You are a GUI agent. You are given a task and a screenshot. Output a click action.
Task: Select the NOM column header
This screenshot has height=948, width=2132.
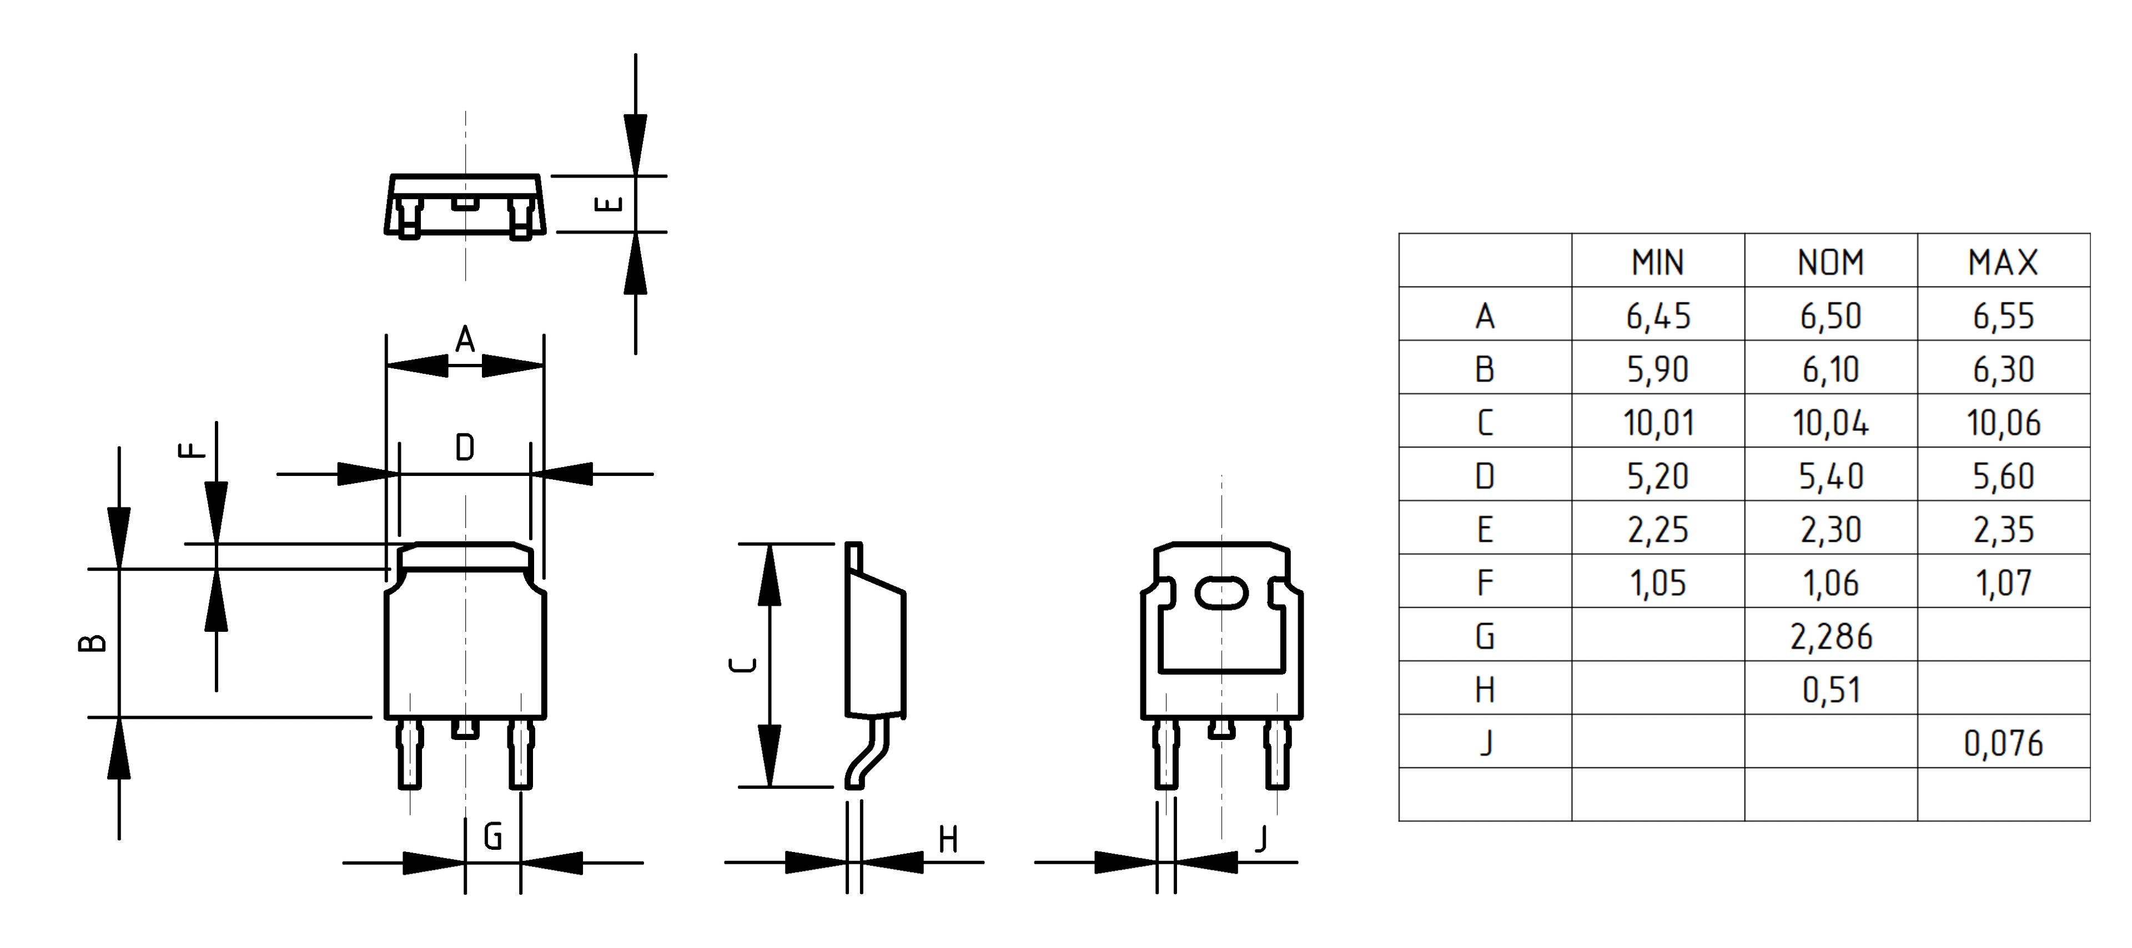pos(1831,262)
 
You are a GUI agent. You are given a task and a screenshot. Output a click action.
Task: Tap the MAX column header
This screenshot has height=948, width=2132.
pos(2003,262)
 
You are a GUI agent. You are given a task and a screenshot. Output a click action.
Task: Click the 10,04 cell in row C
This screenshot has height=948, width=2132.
pos(1831,423)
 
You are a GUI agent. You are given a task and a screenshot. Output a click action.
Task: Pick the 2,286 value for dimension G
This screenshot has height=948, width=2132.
pos(1831,637)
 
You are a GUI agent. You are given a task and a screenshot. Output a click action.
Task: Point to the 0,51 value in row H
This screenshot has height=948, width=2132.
pos(1831,690)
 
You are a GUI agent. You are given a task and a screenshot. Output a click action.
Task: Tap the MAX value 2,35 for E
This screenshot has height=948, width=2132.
pos(2003,529)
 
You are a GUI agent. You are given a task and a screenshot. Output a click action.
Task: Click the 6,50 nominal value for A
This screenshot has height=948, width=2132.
pos(1831,316)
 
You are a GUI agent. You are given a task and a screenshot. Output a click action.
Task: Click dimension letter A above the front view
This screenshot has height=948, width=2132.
pos(465,339)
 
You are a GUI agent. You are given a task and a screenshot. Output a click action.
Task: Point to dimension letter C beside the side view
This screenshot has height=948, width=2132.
pos(743,665)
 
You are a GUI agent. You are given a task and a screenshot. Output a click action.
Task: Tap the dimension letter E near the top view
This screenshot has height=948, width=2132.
pos(609,204)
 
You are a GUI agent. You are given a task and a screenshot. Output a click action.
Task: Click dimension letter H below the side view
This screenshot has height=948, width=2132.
pos(948,840)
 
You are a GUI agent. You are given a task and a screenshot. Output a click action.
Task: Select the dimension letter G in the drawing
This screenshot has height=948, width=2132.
pos(492,837)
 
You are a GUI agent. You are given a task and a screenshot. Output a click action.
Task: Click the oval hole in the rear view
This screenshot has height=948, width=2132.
pos(1221,593)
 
